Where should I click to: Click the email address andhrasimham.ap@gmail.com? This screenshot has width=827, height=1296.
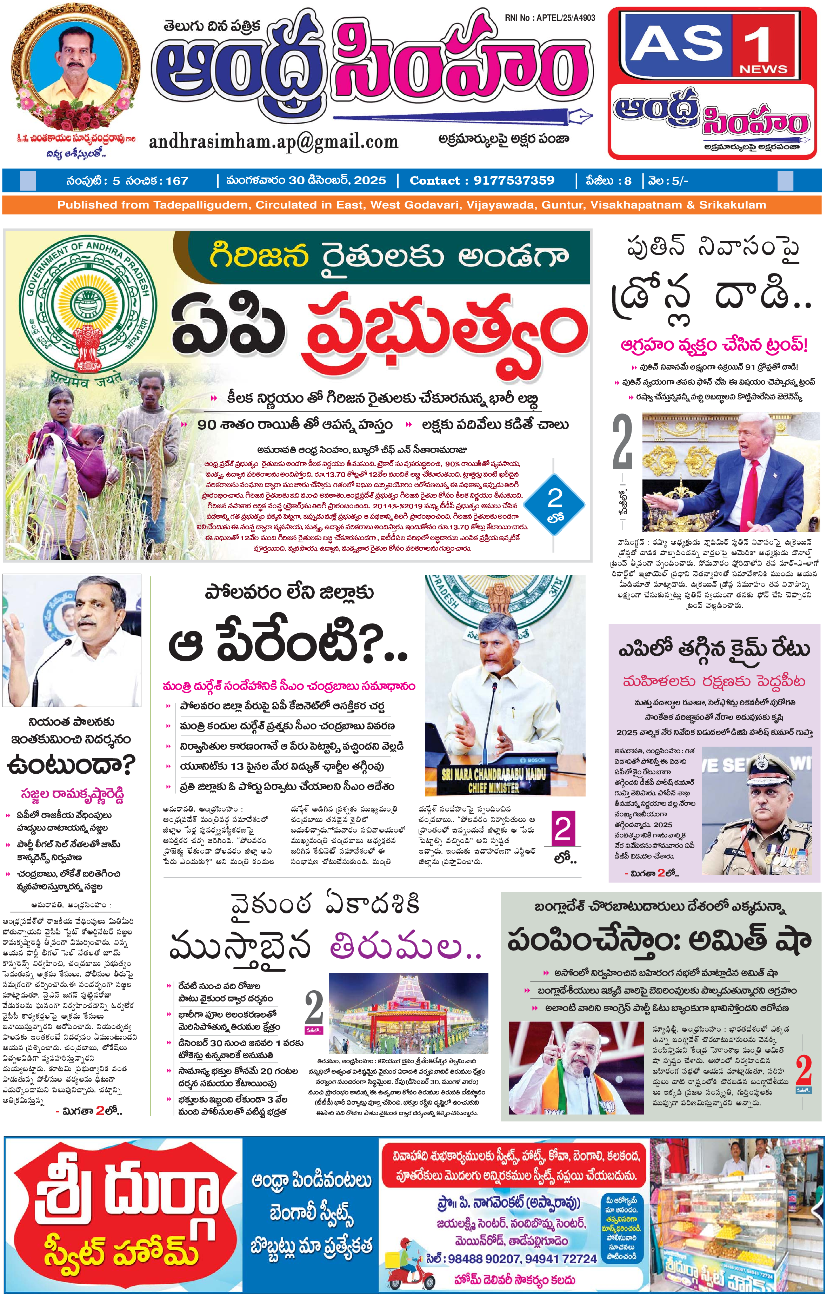(273, 141)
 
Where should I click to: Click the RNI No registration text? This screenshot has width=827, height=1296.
(550, 18)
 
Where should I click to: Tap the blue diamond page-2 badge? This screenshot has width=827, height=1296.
(554, 504)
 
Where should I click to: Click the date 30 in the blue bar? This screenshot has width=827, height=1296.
(296, 181)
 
